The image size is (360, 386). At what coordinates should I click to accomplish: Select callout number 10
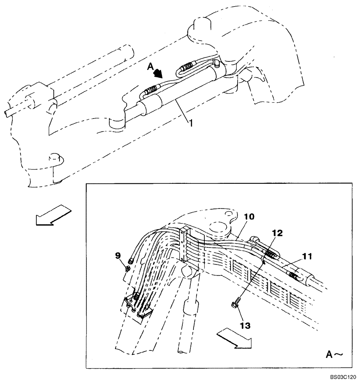pyautogui.click(x=249, y=217)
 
